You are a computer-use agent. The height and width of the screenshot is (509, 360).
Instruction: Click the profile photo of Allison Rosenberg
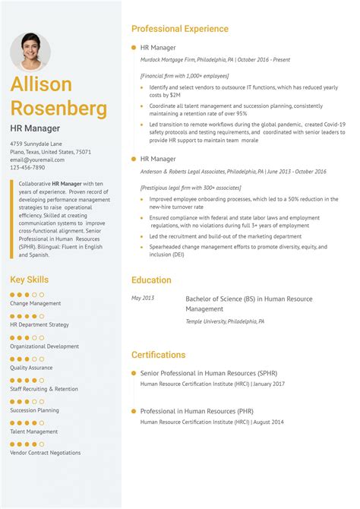[x=30, y=51]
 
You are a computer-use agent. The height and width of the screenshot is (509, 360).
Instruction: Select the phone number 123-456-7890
[x=27, y=168]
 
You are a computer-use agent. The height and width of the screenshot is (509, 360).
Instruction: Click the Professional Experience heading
[x=179, y=29]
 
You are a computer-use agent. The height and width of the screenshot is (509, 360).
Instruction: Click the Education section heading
[x=151, y=280]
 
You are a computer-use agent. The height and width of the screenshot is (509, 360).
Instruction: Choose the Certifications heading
[x=158, y=355]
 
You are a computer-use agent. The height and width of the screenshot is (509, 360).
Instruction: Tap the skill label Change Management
[x=35, y=303]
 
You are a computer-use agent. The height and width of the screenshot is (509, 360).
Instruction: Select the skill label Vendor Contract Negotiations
[x=45, y=452]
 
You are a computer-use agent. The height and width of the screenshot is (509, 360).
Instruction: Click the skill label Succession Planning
[x=34, y=409]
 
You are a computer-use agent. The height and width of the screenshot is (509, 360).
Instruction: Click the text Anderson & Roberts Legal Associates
[x=182, y=172]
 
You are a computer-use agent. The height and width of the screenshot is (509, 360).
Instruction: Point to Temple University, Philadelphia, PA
[x=225, y=321]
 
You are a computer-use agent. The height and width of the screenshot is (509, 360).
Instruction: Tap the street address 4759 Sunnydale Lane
[x=36, y=144]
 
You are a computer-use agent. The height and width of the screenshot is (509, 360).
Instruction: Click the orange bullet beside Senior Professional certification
[x=134, y=373]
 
